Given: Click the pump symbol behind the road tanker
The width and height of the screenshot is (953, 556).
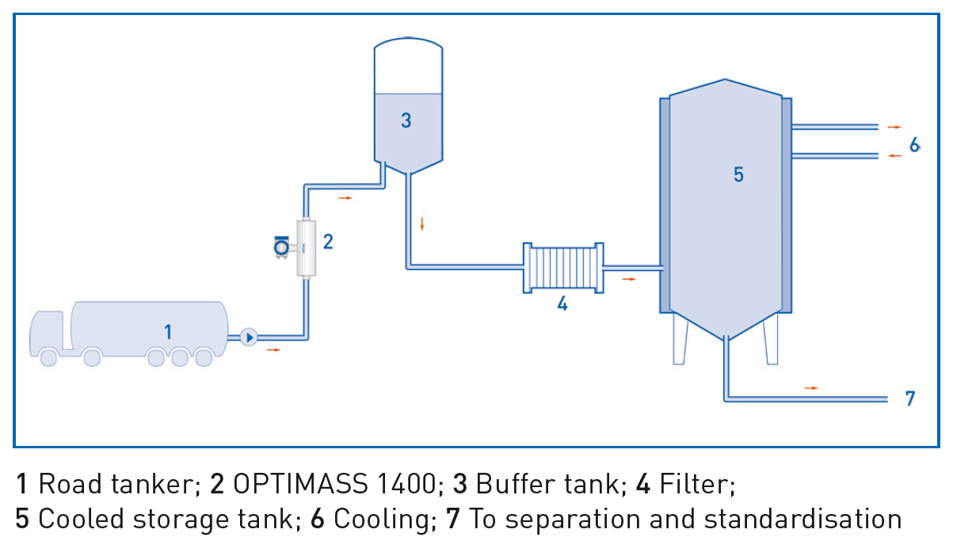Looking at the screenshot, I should (x=249, y=337).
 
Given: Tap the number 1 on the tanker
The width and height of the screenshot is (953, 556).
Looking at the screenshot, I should (x=168, y=331).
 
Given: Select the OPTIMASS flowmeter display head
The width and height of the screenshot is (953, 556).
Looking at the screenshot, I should (x=280, y=247).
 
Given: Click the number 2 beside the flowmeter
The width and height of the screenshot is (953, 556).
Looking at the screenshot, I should (x=327, y=242).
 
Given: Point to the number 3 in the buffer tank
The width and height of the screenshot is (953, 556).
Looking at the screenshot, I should (x=406, y=120).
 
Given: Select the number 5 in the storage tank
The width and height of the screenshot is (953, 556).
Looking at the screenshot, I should (x=738, y=174).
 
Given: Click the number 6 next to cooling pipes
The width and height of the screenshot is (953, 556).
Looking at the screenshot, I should (x=915, y=145).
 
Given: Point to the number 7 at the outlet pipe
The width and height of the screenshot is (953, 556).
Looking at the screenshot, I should (x=910, y=398).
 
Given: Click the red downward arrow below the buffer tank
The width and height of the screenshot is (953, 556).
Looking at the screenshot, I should (x=422, y=223).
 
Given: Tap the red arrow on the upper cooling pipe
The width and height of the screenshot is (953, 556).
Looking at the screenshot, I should (x=894, y=127).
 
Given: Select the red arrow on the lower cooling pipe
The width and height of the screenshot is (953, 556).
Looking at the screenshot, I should (x=894, y=156).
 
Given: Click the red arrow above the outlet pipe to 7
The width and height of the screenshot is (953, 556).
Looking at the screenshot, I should (x=810, y=388).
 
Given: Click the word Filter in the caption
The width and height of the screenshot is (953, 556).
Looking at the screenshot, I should (x=696, y=483).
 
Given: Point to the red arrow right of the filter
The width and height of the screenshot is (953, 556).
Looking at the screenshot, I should (x=628, y=279).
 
